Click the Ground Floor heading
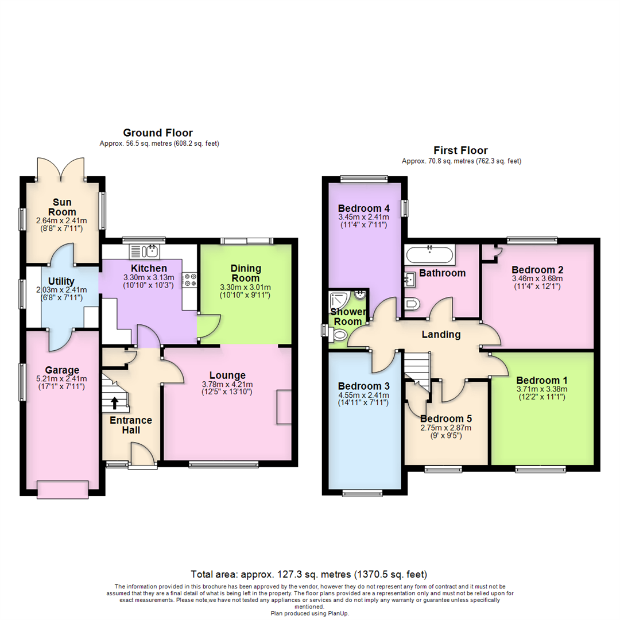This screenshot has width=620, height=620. [x=158, y=133]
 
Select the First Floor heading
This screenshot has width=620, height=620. [x=460, y=150]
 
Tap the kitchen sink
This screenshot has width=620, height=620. [x=144, y=251]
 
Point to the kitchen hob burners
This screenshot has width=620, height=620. [x=189, y=280]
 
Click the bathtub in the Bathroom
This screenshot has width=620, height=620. [x=430, y=254]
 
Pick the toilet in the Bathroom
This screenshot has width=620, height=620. [x=412, y=304]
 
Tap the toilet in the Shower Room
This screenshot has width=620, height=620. [x=339, y=336]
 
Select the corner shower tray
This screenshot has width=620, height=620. [x=339, y=300]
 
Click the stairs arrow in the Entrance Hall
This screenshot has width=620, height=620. [x=115, y=403]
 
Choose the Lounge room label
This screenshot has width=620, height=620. [x=227, y=375]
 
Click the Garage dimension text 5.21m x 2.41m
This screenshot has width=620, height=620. [x=61, y=379]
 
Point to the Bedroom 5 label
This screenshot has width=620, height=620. [x=446, y=418]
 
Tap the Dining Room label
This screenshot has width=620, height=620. [x=246, y=273]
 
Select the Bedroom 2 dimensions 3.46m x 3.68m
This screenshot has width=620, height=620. [x=537, y=278]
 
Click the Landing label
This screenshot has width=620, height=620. [x=441, y=335]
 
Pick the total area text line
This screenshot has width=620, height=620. [x=309, y=574]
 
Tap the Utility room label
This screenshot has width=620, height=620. [x=61, y=281]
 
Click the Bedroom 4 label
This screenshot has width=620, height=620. [x=364, y=208]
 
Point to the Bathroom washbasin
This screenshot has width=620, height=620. [x=410, y=279]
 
